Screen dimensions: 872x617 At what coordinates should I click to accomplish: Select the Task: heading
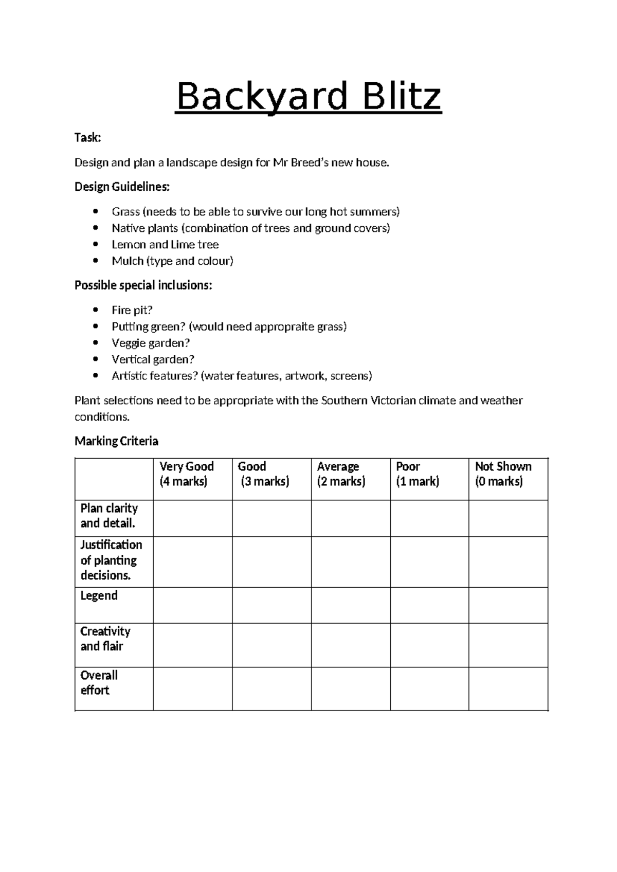88,137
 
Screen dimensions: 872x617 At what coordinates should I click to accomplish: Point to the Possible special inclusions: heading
143,285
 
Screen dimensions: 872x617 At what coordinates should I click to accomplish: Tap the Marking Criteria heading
116,441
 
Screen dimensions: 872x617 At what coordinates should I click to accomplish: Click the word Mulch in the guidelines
128,261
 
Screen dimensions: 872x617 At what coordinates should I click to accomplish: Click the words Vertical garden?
153,359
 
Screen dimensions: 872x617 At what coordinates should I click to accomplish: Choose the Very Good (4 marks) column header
186,474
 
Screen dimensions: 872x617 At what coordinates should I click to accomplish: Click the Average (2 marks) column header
341,474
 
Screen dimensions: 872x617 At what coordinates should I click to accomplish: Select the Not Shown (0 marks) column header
503,474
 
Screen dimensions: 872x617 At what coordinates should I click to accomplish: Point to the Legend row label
99,595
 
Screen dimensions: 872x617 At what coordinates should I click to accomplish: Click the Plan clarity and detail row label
109,516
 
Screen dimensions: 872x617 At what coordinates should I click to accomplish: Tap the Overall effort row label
99,682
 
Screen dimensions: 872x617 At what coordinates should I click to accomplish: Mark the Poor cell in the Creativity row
429,645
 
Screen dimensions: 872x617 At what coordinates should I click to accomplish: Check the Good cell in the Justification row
271,562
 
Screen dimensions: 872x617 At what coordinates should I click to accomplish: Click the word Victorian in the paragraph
393,401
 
